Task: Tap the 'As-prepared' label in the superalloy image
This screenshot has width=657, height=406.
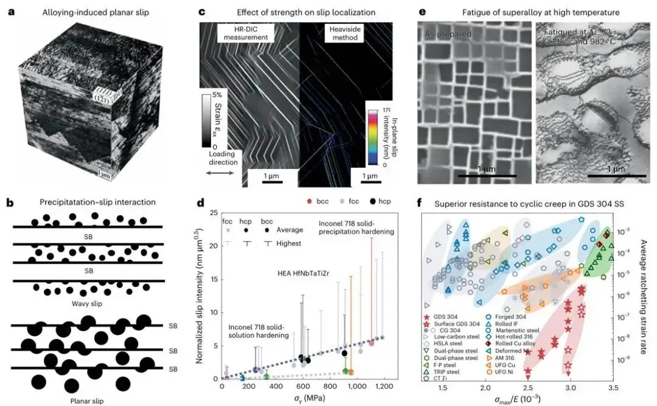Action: (448, 34)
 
